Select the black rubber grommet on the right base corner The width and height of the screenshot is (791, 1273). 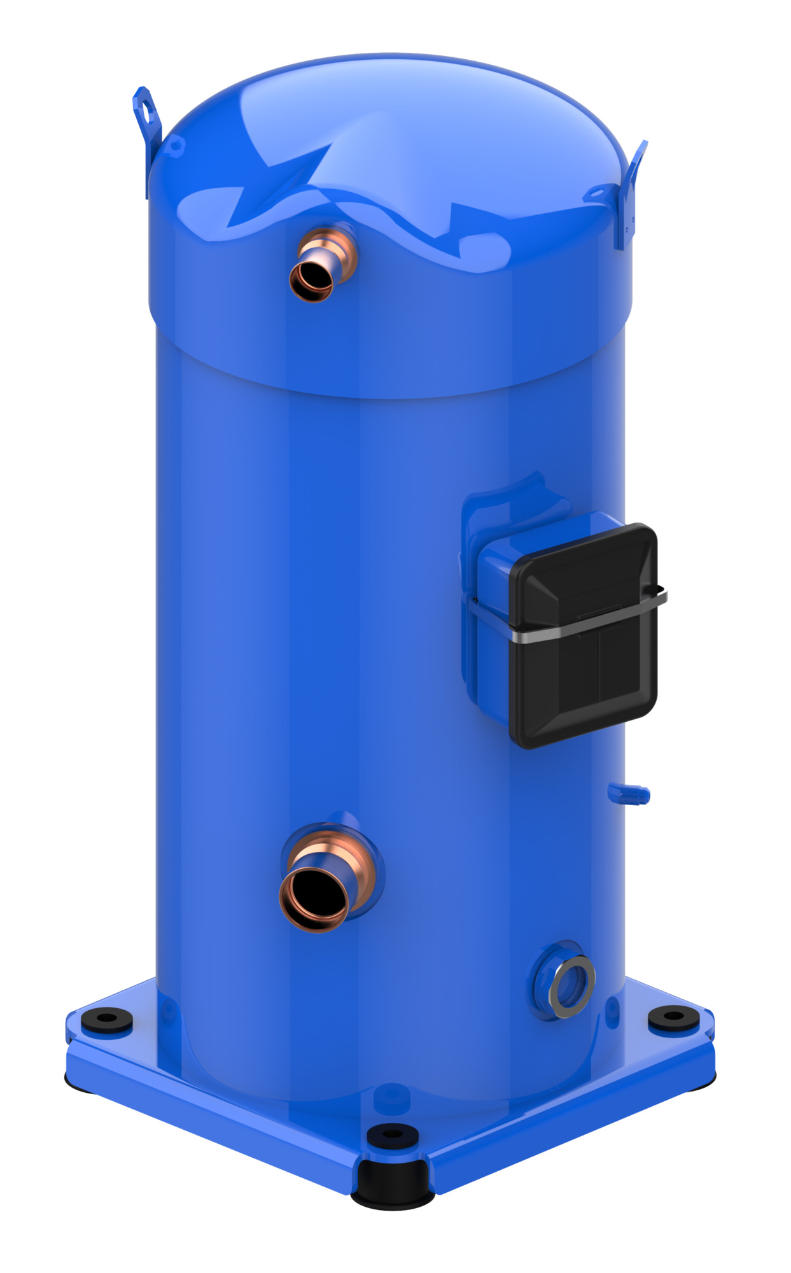pos(674,1017)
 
